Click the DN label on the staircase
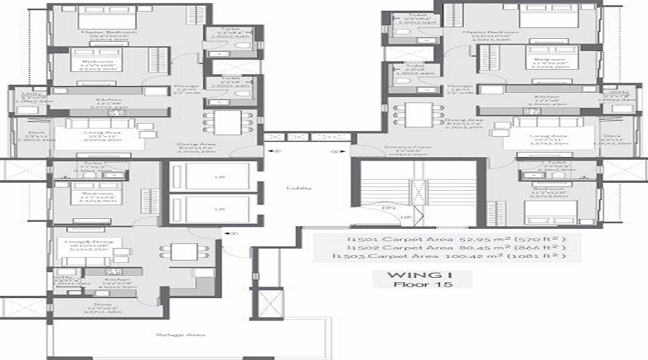pyautogui.click(x=387, y=207)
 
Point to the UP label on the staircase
pyautogui.click(x=405, y=217)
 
